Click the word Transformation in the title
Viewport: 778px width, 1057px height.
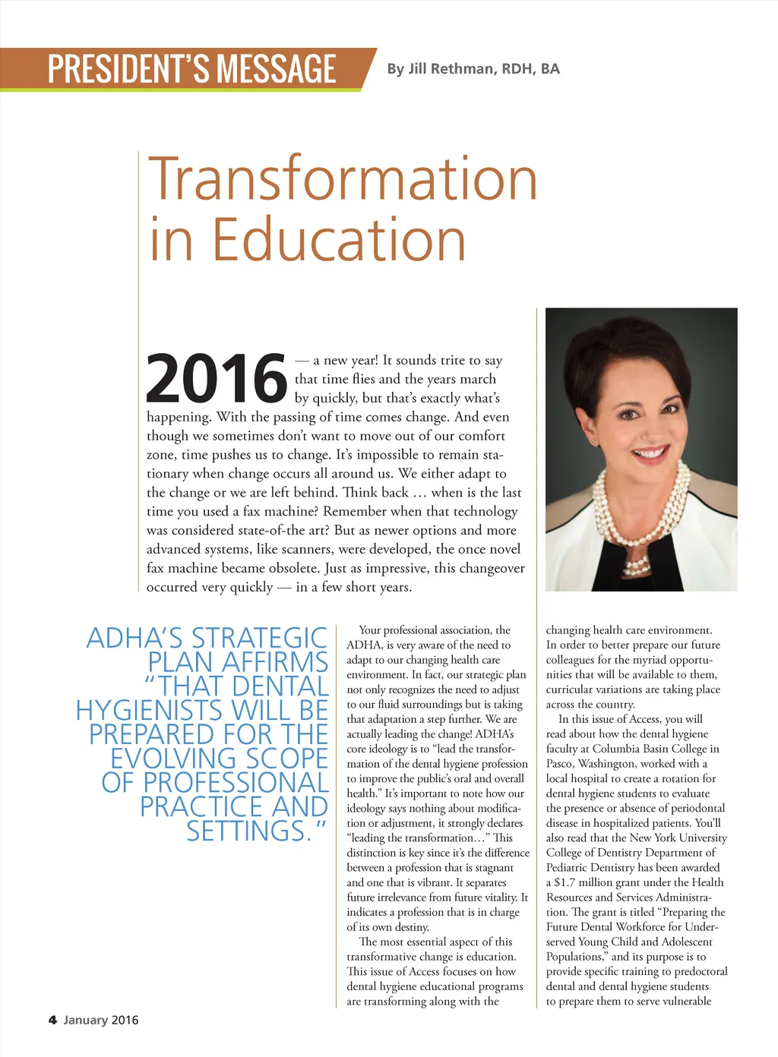(343, 178)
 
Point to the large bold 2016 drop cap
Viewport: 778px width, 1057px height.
(217, 378)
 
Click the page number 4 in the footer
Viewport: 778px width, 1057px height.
(52, 1020)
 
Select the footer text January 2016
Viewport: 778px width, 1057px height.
(101, 1020)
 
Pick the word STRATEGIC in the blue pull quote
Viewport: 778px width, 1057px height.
(258, 638)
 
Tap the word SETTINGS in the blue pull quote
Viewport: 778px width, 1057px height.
(248, 831)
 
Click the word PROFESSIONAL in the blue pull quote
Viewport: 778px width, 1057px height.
(236, 783)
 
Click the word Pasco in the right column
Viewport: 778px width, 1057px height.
(561, 764)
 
